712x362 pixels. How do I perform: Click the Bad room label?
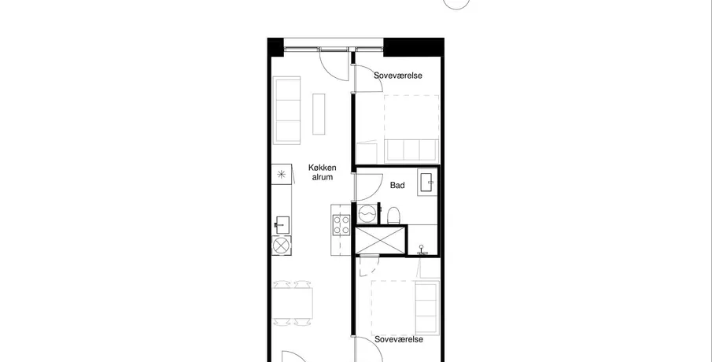[x=397, y=185]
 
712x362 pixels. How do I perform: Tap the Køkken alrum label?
[x=323, y=172]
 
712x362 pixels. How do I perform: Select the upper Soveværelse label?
[x=398, y=76]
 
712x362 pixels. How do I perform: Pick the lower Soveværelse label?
[x=399, y=339]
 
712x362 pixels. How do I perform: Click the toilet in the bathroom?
[x=393, y=216]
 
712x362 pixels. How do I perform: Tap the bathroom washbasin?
[x=427, y=182]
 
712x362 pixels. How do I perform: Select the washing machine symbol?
[x=367, y=213]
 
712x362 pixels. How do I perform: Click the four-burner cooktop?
[x=341, y=225]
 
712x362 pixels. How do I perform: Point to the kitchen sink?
[x=282, y=225]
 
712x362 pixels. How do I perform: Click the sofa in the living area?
[x=286, y=110]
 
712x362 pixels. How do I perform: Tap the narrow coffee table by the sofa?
[x=319, y=114]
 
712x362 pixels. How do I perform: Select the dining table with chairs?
[x=293, y=303]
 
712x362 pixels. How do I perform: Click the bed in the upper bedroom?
[x=411, y=129]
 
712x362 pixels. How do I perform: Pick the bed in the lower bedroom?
[x=405, y=308]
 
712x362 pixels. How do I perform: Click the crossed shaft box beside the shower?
[x=380, y=240]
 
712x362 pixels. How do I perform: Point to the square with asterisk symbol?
[x=282, y=174]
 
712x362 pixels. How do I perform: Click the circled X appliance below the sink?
[x=282, y=246]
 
